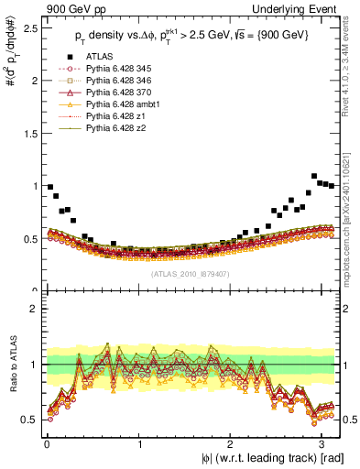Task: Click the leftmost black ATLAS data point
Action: [49, 187]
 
